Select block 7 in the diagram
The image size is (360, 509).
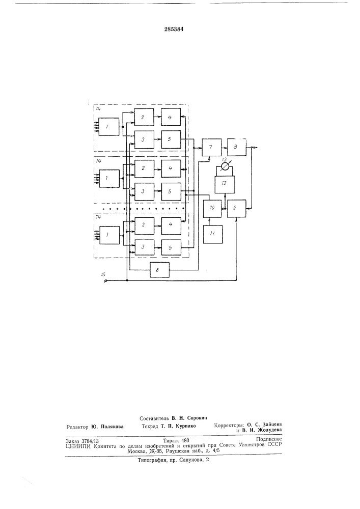tap(212, 148)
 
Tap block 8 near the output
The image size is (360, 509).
tap(236, 147)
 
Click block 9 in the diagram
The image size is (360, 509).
tap(236, 208)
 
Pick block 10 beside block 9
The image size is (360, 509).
tap(212, 208)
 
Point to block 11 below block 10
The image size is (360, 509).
tap(213, 234)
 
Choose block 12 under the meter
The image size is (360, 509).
tap(225, 183)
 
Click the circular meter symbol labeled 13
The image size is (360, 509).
tap(225, 167)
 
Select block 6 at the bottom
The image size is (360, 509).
tap(160, 270)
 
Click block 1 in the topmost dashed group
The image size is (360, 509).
tap(109, 127)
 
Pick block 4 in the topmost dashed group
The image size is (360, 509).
tap(171, 117)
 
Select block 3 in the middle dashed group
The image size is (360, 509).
tap(144, 192)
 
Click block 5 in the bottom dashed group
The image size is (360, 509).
tap(171, 248)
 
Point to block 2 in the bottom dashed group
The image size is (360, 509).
tap(145, 225)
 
